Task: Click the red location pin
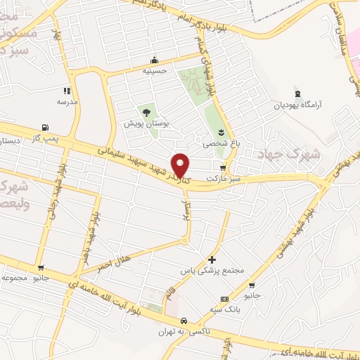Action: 181,165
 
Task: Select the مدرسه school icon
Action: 67,91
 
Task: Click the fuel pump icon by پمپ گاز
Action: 46,127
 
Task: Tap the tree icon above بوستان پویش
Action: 146,112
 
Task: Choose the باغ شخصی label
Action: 221,143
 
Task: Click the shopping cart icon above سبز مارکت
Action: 223,167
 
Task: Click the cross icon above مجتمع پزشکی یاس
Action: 212,259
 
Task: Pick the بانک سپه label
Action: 225,309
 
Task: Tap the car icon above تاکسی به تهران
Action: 184,321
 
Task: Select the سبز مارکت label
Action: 224,179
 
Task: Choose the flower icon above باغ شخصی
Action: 221,131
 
